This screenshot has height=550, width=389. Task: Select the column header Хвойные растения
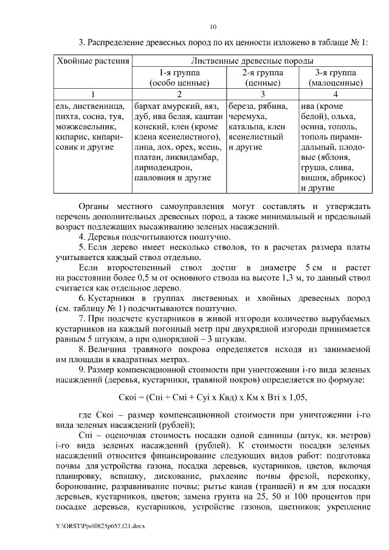click(93, 61)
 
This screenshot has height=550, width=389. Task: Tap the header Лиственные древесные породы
click(252, 61)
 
